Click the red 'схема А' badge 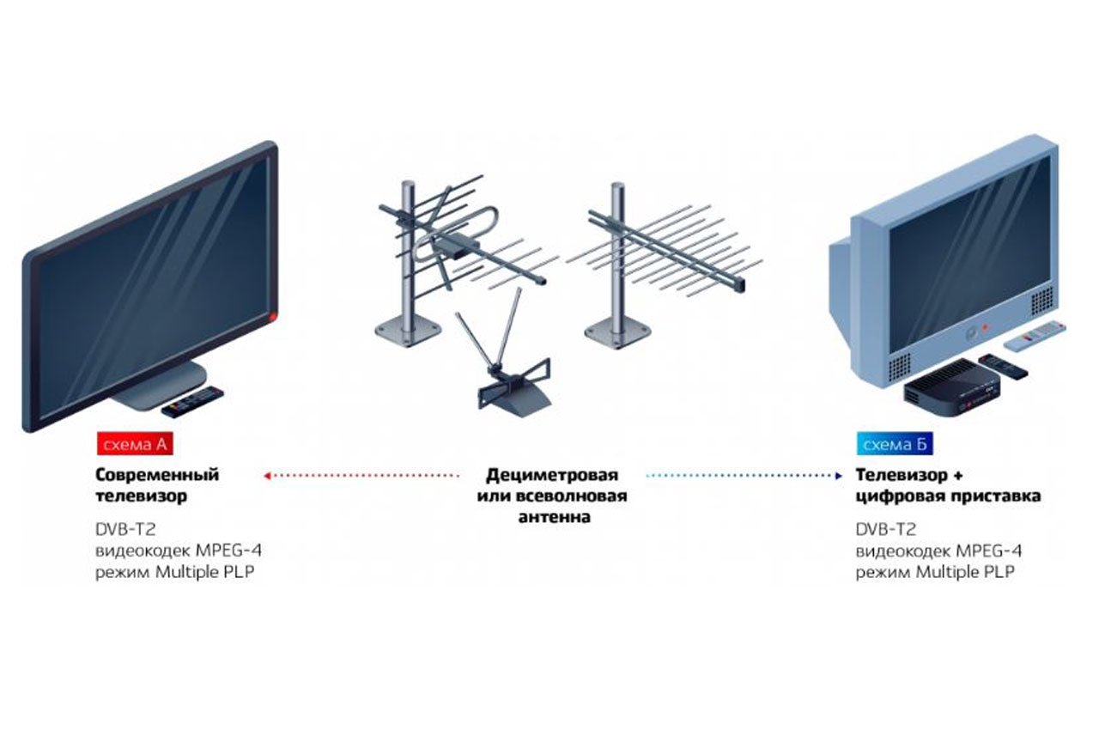[136, 444]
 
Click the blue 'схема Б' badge [895, 444]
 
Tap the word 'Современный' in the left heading [157, 474]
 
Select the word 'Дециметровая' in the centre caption [551, 474]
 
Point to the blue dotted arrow [743, 474]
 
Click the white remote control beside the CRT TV [1034, 335]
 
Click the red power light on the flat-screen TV [274, 319]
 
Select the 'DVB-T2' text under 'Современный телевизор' [125, 529]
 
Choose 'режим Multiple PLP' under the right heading [934, 572]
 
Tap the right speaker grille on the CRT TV [1041, 301]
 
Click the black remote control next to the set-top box [1003, 364]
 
